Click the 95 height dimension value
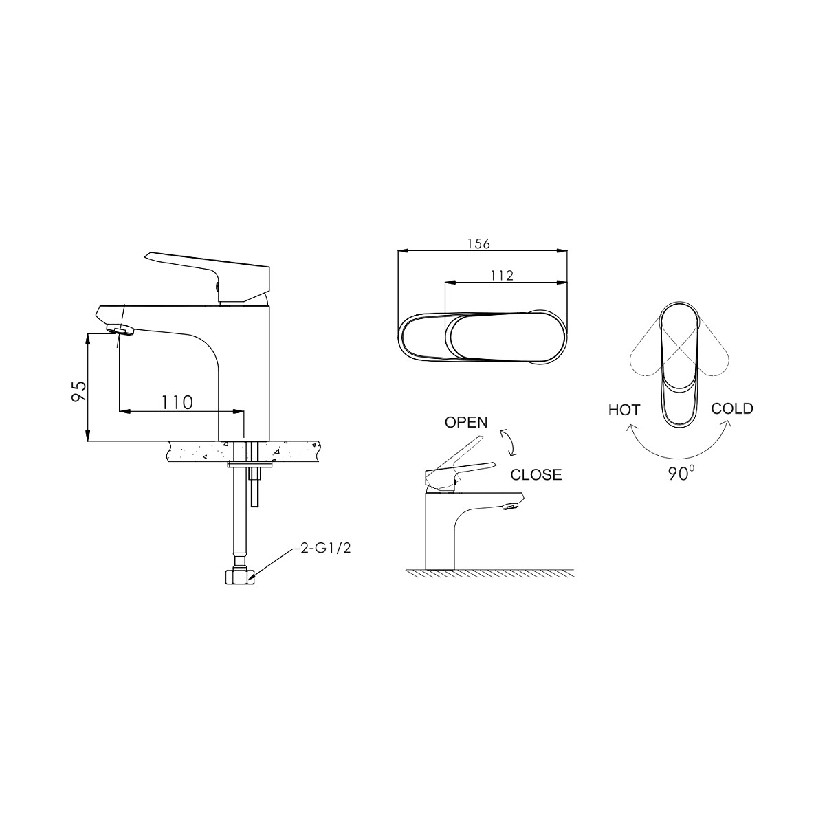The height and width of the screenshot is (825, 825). [x=79, y=390]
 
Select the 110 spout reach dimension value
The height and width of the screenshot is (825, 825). [x=177, y=402]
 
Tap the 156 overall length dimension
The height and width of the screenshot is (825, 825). [x=478, y=243]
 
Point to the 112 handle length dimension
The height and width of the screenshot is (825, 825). [x=502, y=275]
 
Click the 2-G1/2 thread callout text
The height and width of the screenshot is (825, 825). [x=325, y=549]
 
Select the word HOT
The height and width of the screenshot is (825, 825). [x=624, y=410]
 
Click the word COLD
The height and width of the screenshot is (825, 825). [x=732, y=408]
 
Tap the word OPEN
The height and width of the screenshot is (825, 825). [x=466, y=422]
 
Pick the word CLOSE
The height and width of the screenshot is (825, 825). [x=536, y=474]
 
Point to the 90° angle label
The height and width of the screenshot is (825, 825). [x=681, y=474]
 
